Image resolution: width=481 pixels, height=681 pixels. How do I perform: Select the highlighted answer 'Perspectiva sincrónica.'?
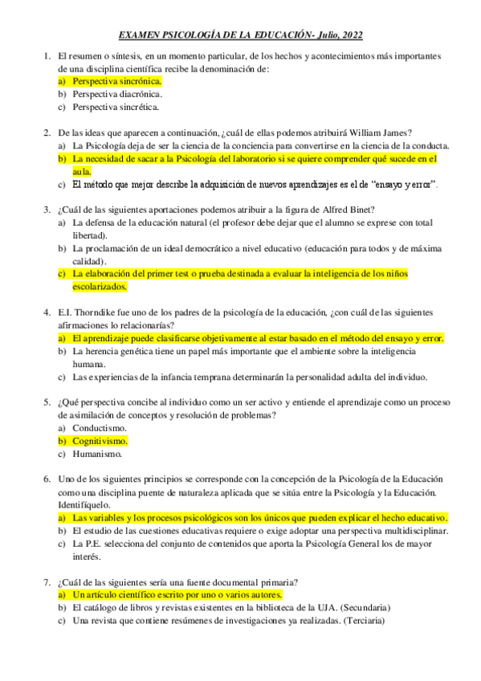[x=116, y=81]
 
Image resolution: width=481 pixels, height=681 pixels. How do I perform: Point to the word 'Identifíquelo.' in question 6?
[x=84, y=505]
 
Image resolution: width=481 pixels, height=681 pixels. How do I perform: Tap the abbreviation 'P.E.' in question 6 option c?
[x=93, y=544]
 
